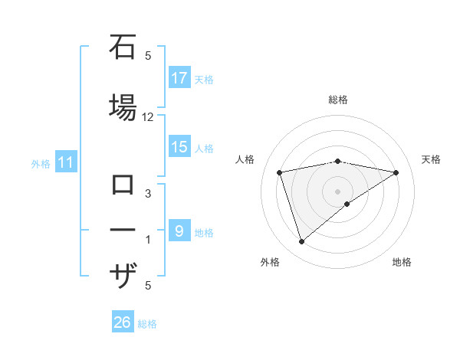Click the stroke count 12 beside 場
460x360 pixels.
click(148, 117)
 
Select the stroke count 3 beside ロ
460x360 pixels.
click(148, 195)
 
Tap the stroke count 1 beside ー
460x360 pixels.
click(148, 240)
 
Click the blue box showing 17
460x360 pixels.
click(179, 77)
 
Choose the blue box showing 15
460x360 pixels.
click(179, 147)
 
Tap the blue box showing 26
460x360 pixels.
click(123, 322)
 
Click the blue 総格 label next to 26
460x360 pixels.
click(148, 324)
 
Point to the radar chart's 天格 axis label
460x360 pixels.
click(432, 159)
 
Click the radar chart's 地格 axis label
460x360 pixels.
click(402, 262)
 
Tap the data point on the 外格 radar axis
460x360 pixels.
click(301, 242)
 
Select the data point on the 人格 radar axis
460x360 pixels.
click(280, 172)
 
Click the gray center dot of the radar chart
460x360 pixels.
click(337, 191)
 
